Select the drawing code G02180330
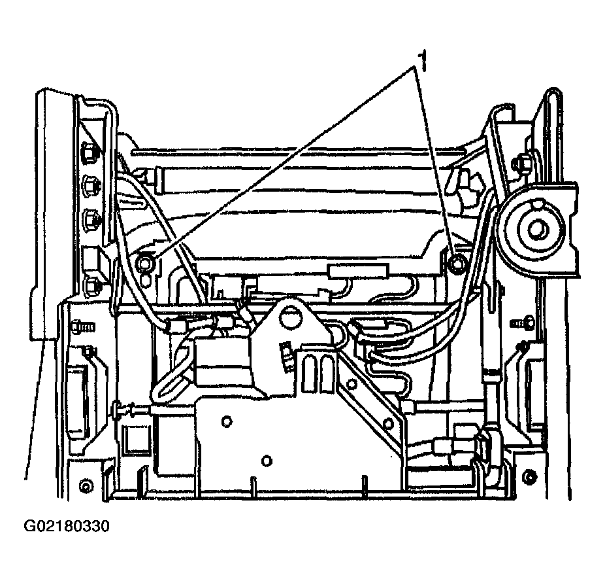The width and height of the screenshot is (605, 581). tap(67, 527)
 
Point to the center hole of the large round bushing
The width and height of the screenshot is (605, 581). tap(537, 229)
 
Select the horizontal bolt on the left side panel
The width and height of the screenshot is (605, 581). tap(82, 325)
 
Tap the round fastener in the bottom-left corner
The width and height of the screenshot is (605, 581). tap(85, 486)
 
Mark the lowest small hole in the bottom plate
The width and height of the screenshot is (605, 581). tap(266, 461)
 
